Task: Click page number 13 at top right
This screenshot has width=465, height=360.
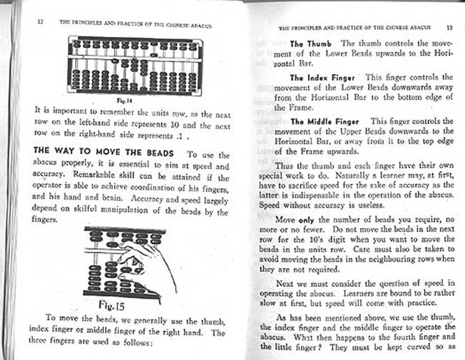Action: (450, 26)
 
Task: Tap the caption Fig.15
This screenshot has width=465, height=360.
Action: (113, 308)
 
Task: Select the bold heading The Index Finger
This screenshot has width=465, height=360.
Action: (322, 78)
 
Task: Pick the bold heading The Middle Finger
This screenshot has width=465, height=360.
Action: (324, 122)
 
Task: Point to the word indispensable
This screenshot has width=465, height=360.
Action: (327, 195)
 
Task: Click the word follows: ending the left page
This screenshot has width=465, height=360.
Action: (135, 342)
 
